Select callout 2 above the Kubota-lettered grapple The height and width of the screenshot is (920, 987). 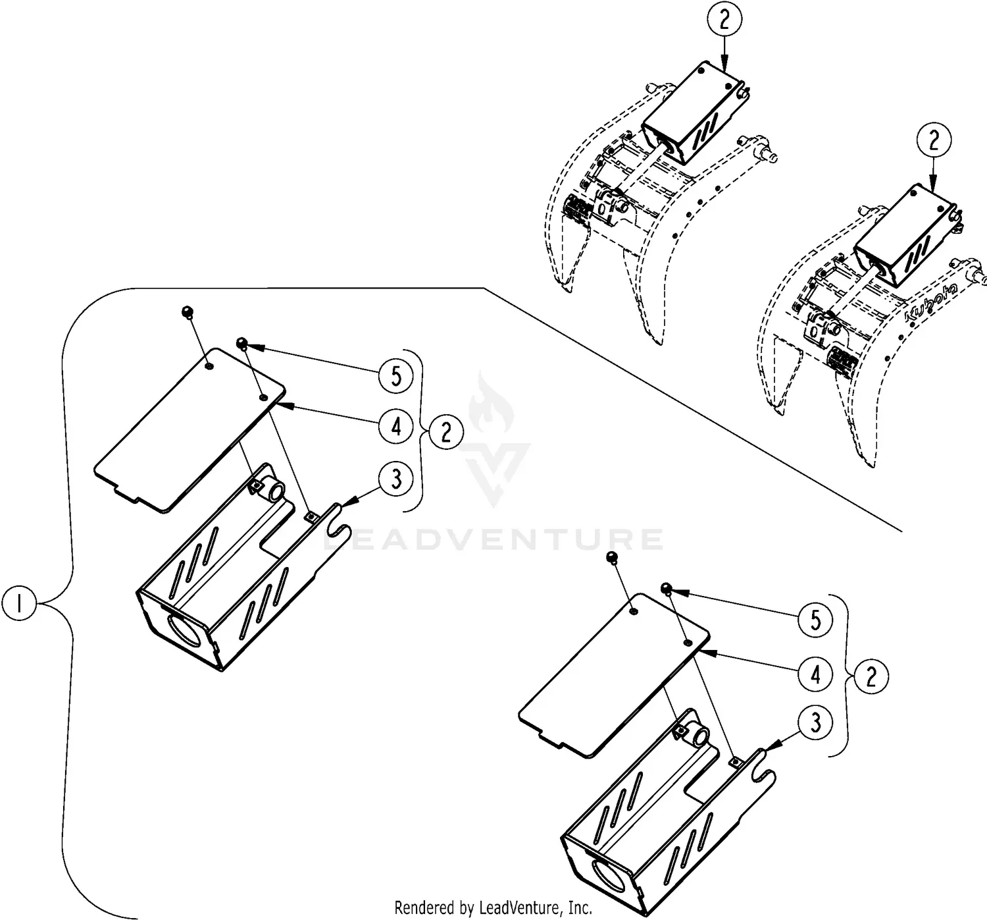tap(935, 140)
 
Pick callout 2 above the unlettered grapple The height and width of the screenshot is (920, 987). tap(724, 20)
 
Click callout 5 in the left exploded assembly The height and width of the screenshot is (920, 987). tap(396, 376)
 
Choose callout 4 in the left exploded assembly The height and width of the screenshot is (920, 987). tap(396, 427)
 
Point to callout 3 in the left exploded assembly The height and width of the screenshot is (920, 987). tap(396, 479)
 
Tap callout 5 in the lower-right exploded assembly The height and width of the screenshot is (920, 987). tap(816, 620)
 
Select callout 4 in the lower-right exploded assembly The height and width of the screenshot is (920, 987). tap(816, 674)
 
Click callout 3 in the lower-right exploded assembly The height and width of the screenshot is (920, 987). tap(816, 723)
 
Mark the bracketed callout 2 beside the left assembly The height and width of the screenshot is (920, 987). tap(446, 433)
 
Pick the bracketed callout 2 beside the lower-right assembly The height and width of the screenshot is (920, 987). tap(871, 677)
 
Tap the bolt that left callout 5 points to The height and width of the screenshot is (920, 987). tap(242, 342)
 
